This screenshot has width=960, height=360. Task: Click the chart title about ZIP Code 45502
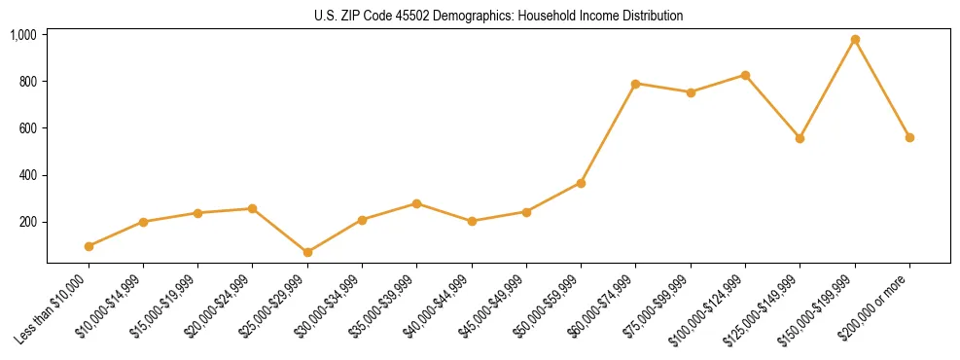pyautogui.click(x=498, y=17)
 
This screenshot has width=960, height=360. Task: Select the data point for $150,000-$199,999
pyautogui.click(x=855, y=40)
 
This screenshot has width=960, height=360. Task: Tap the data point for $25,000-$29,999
pyautogui.click(x=307, y=252)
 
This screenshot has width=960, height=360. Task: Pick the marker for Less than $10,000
pyautogui.click(x=89, y=246)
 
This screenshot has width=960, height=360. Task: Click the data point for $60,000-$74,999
pyautogui.click(x=636, y=84)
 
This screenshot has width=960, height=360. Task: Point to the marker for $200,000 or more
pyautogui.click(x=909, y=137)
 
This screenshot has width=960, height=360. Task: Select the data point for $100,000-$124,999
pyautogui.click(x=745, y=75)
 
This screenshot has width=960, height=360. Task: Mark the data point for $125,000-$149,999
pyautogui.click(x=800, y=138)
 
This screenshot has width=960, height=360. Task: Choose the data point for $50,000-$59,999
pyautogui.click(x=581, y=183)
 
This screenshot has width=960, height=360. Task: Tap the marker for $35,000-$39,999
pyautogui.click(x=416, y=203)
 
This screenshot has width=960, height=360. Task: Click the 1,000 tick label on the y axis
pyautogui.click(x=23, y=35)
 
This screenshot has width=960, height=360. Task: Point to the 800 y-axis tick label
pyautogui.click(x=27, y=82)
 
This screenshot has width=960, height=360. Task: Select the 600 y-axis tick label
pyautogui.click(x=27, y=128)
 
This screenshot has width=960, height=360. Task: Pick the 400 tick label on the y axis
pyautogui.click(x=27, y=175)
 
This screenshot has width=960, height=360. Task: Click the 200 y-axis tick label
pyautogui.click(x=27, y=222)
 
